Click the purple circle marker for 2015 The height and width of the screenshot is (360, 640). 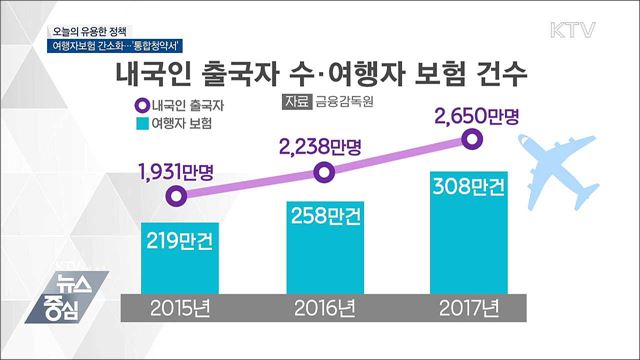click(x=177, y=196)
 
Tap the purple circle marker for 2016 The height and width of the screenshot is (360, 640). click(x=323, y=173)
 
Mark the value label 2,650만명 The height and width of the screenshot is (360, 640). click(x=477, y=117)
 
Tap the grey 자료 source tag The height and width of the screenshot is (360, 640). click(x=296, y=103)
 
